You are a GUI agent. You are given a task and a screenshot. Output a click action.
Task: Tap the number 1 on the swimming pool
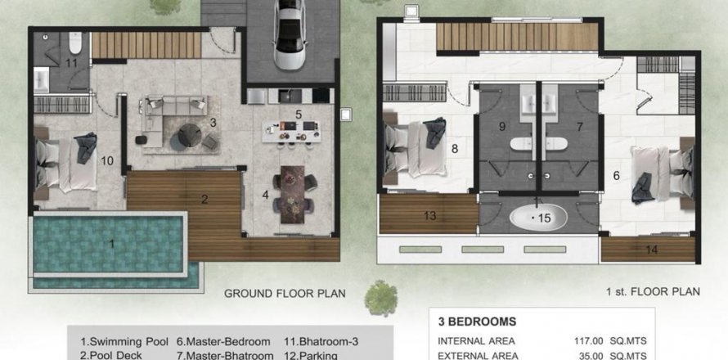111,243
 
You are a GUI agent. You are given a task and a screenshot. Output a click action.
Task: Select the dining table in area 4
293,194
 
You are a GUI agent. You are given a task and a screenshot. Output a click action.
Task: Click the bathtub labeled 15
538,218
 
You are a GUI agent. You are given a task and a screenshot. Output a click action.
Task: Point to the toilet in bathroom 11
75,43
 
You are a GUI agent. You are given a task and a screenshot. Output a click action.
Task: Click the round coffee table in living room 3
190,135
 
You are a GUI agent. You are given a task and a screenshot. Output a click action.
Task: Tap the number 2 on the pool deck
204,200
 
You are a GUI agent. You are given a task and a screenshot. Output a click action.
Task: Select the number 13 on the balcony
430,215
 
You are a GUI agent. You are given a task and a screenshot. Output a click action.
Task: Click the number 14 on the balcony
652,250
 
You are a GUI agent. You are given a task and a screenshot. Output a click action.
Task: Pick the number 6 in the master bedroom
616,176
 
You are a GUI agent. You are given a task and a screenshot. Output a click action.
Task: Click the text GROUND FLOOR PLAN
285,294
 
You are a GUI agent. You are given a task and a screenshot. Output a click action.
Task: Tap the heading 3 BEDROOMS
477,322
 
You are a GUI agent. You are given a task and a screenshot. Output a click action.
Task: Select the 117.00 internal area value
589,341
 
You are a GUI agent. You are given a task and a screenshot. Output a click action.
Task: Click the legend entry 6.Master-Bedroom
223,342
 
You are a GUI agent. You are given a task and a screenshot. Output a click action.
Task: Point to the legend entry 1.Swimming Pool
124,342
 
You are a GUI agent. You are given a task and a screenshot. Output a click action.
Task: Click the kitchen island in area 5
291,132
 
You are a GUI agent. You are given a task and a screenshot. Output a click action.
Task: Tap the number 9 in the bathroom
502,126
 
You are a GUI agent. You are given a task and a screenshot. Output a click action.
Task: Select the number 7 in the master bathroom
579,126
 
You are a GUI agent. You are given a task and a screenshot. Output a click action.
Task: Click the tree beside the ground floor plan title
380,298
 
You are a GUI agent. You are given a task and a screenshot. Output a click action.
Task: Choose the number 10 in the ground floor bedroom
107,161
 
